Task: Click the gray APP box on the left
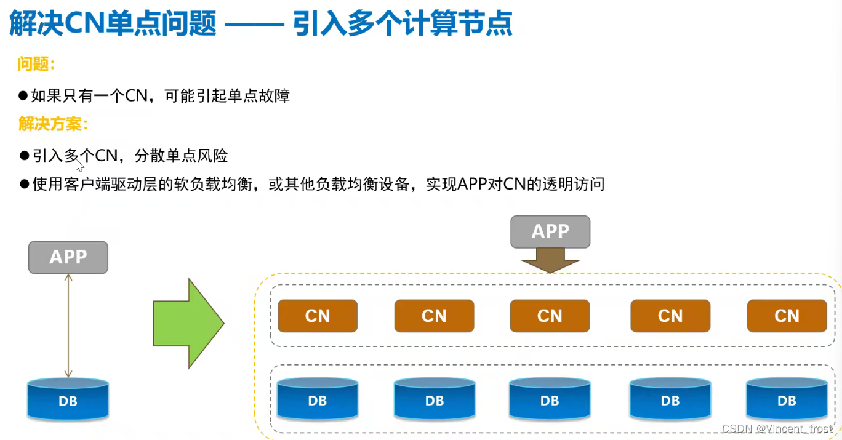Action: click(68, 257)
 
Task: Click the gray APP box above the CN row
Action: click(550, 231)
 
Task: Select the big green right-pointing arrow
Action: click(188, 323)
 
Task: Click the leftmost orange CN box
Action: click(318, 316)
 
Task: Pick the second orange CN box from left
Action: click(434, 316)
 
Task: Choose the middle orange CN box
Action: click(550, 316)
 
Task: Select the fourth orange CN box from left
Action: click(670, 316)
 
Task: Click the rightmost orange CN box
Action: click(787, 316)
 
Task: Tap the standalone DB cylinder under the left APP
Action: click(68, 400)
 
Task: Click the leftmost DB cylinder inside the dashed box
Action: click(318, 400)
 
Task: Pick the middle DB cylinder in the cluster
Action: click(550, 400)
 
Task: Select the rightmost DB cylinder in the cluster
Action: click(787, 400)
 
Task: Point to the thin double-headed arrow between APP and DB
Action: click(68, 326)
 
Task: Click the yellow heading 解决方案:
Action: click(54, 125)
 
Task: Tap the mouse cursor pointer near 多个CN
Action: click(79, 164)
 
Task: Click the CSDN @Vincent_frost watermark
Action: click(777, 428)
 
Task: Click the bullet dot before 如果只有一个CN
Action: click(23, 95)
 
